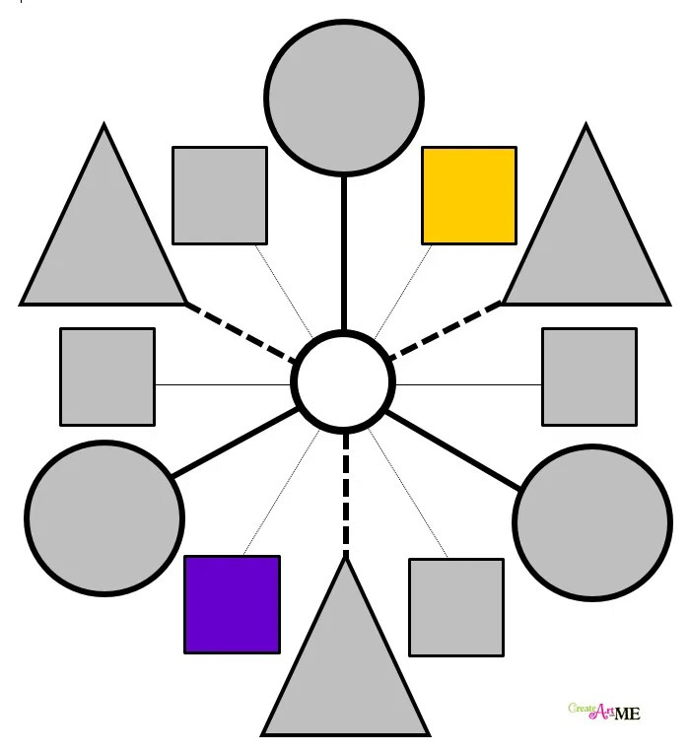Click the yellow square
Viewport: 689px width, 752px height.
click(x=469, y=195)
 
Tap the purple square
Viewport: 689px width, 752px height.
click(x=232, y=604)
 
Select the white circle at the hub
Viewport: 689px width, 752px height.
click(x=345, y=382)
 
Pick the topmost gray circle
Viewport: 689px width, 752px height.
click(x=344, y=98)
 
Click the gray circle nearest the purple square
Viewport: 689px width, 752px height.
click(x=103, y=517)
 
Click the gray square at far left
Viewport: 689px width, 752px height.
click(x=107, y=376)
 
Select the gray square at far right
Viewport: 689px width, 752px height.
click(x=589, y=376)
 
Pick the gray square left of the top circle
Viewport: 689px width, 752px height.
click(x=220, y=194)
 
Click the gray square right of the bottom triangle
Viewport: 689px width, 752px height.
click(x=456, y=607)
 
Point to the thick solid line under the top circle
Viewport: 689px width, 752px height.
click(x=344, y=253)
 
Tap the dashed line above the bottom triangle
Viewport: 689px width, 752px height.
click(x=346, y=493)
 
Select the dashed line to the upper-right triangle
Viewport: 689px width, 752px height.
click(x=446, y=331)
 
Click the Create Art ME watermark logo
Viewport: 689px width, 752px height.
click(x=604, y=711)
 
